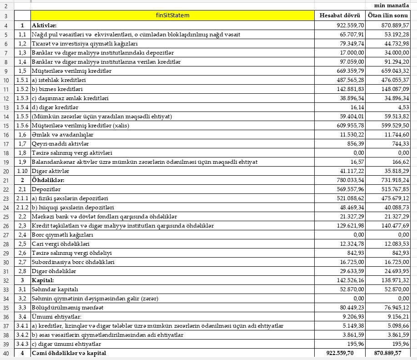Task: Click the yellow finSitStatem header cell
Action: click(172, 15)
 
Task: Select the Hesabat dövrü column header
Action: click(340, 15)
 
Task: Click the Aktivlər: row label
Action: click(45, 25)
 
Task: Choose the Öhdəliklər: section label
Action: click(48, 180)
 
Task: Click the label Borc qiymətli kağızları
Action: click(62, 234)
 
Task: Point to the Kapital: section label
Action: click(43, 280)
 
